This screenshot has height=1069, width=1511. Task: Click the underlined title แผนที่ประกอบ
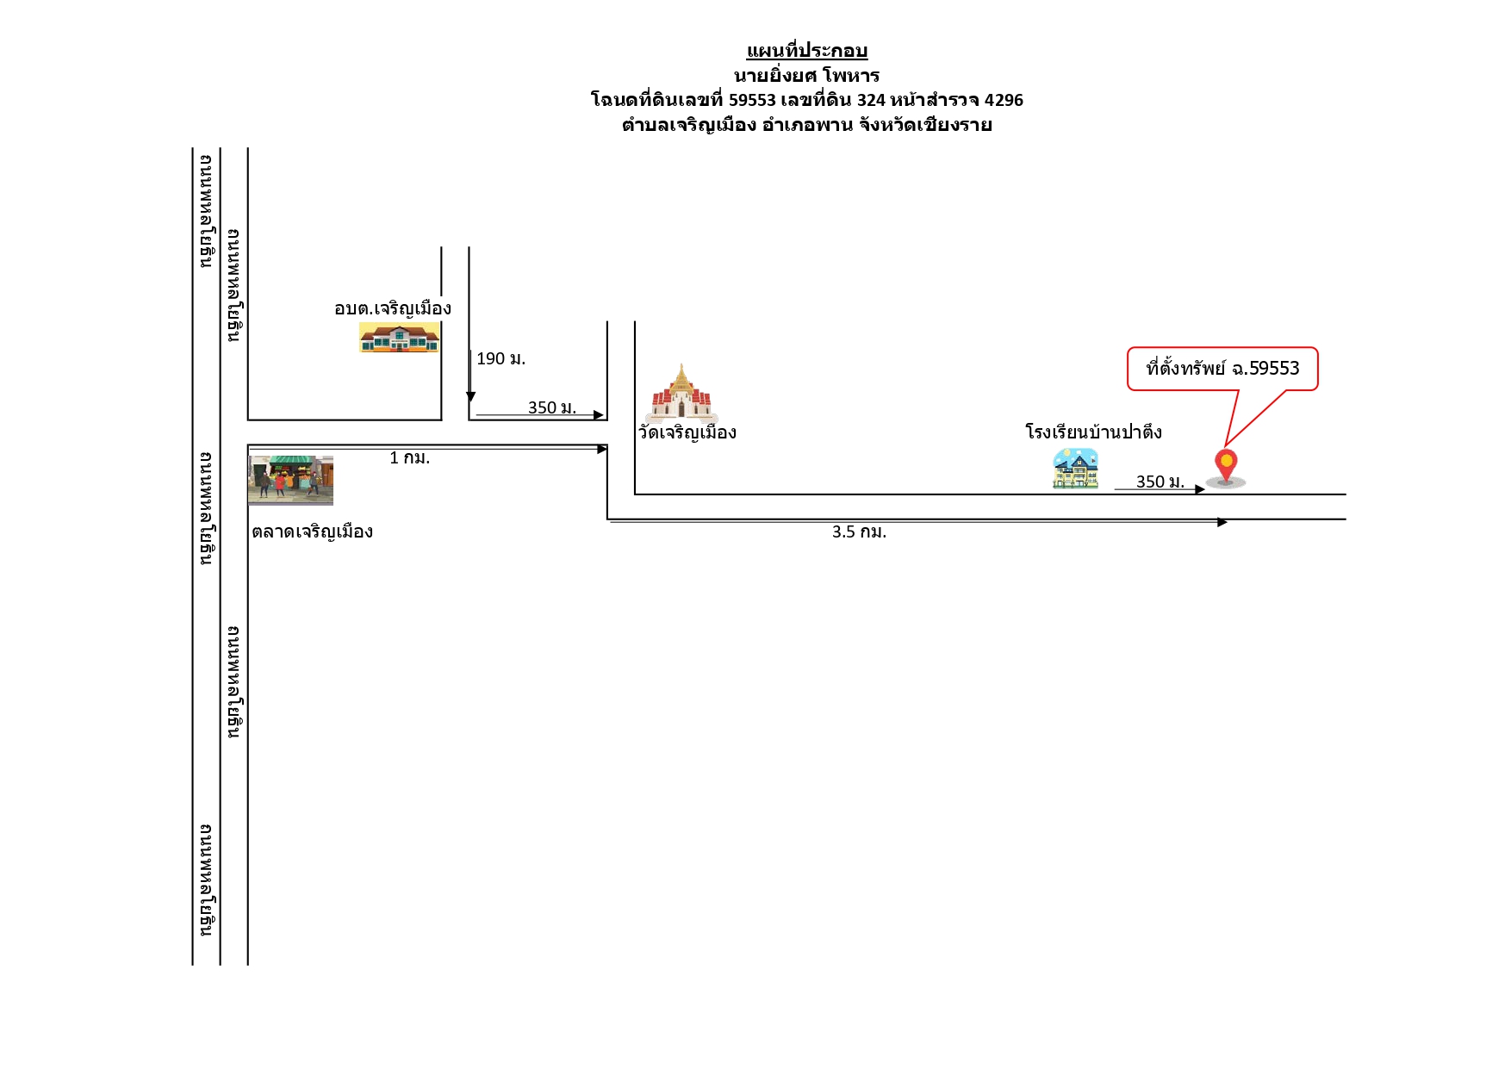click(806, 51)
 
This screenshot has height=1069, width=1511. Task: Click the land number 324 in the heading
click(871, 100)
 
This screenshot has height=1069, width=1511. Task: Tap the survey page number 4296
click(1004, 100)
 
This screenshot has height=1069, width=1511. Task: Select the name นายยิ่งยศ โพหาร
click(806, 75)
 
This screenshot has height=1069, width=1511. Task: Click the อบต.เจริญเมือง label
click(393, 308)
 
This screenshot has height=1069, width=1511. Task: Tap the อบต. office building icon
click(399, 338)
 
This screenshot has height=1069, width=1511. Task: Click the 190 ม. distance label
click(501, 358)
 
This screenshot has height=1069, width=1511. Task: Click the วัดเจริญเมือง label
click(687, 432)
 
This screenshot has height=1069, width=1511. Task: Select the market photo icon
click(290, 480)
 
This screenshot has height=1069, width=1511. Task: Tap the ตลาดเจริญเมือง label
click(312, 531)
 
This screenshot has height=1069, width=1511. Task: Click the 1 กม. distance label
click(409, 457)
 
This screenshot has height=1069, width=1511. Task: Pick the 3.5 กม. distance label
click(859, 531)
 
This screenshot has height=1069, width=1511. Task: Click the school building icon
click(1075, 469)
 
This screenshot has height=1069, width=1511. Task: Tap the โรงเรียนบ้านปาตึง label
click(1093, 432)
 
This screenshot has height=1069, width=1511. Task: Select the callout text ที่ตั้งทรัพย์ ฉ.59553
click(1222, 368)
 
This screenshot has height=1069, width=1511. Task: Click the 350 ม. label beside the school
click(1160, 482)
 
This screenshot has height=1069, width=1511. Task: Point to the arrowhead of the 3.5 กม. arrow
click(1222, 522)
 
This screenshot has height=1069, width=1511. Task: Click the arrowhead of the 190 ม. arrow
click(470, 397)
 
